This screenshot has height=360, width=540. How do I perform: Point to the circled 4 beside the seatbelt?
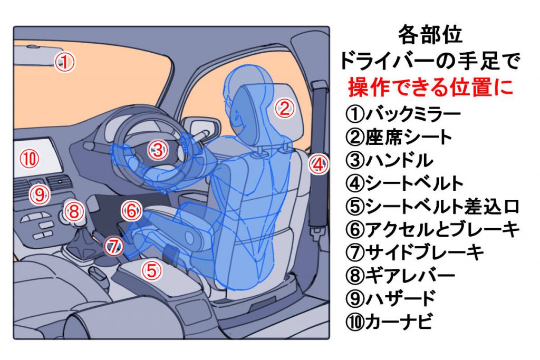pos(318,165)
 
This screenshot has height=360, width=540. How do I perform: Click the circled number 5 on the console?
pos(151,271)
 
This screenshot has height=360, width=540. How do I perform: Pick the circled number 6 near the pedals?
pos(131,211)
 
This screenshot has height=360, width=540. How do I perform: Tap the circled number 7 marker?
pos(113,246)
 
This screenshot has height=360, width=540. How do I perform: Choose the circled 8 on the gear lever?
pos(74,212)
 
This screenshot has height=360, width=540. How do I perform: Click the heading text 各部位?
pos(430,35)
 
